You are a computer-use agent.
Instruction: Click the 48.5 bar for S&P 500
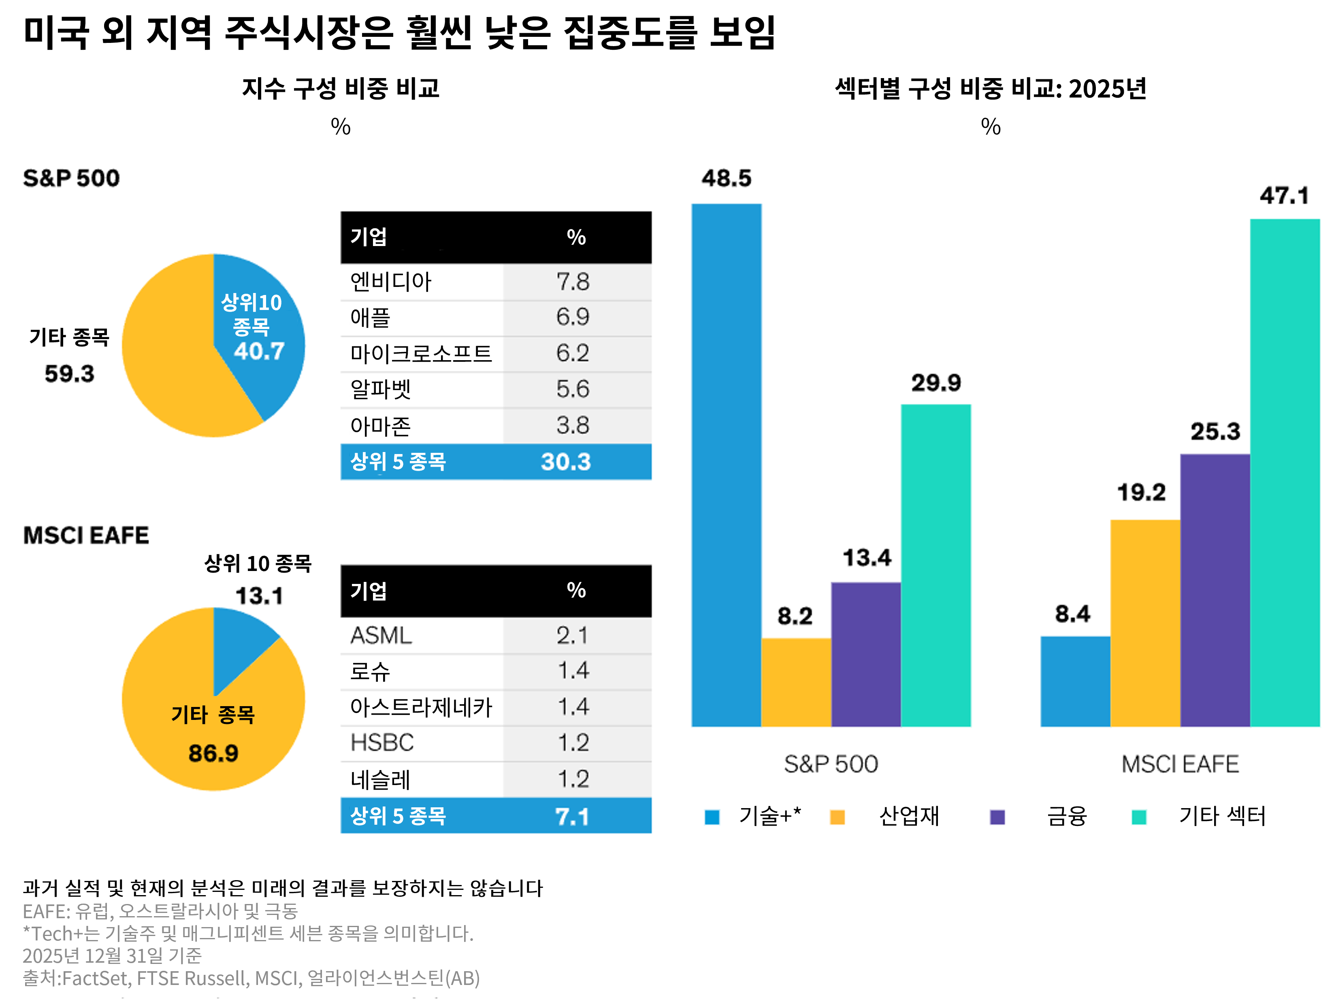point(726,464)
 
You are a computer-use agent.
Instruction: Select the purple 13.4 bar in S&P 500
point(866,654)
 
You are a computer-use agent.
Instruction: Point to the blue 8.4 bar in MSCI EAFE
point(1075,681)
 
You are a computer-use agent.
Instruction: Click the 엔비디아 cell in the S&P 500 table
point(391,282)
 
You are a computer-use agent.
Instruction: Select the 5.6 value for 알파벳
point(572,389)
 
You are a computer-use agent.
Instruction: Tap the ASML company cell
point(381,635)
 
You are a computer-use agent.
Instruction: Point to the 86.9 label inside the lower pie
point(213,753)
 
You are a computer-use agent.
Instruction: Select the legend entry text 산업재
point(909,816)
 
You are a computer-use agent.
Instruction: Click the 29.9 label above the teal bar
point(936,383)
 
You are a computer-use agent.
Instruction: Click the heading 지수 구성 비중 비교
point(341,89)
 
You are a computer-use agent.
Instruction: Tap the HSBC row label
point(382,743)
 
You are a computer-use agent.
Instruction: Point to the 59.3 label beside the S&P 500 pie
point(69,374)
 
